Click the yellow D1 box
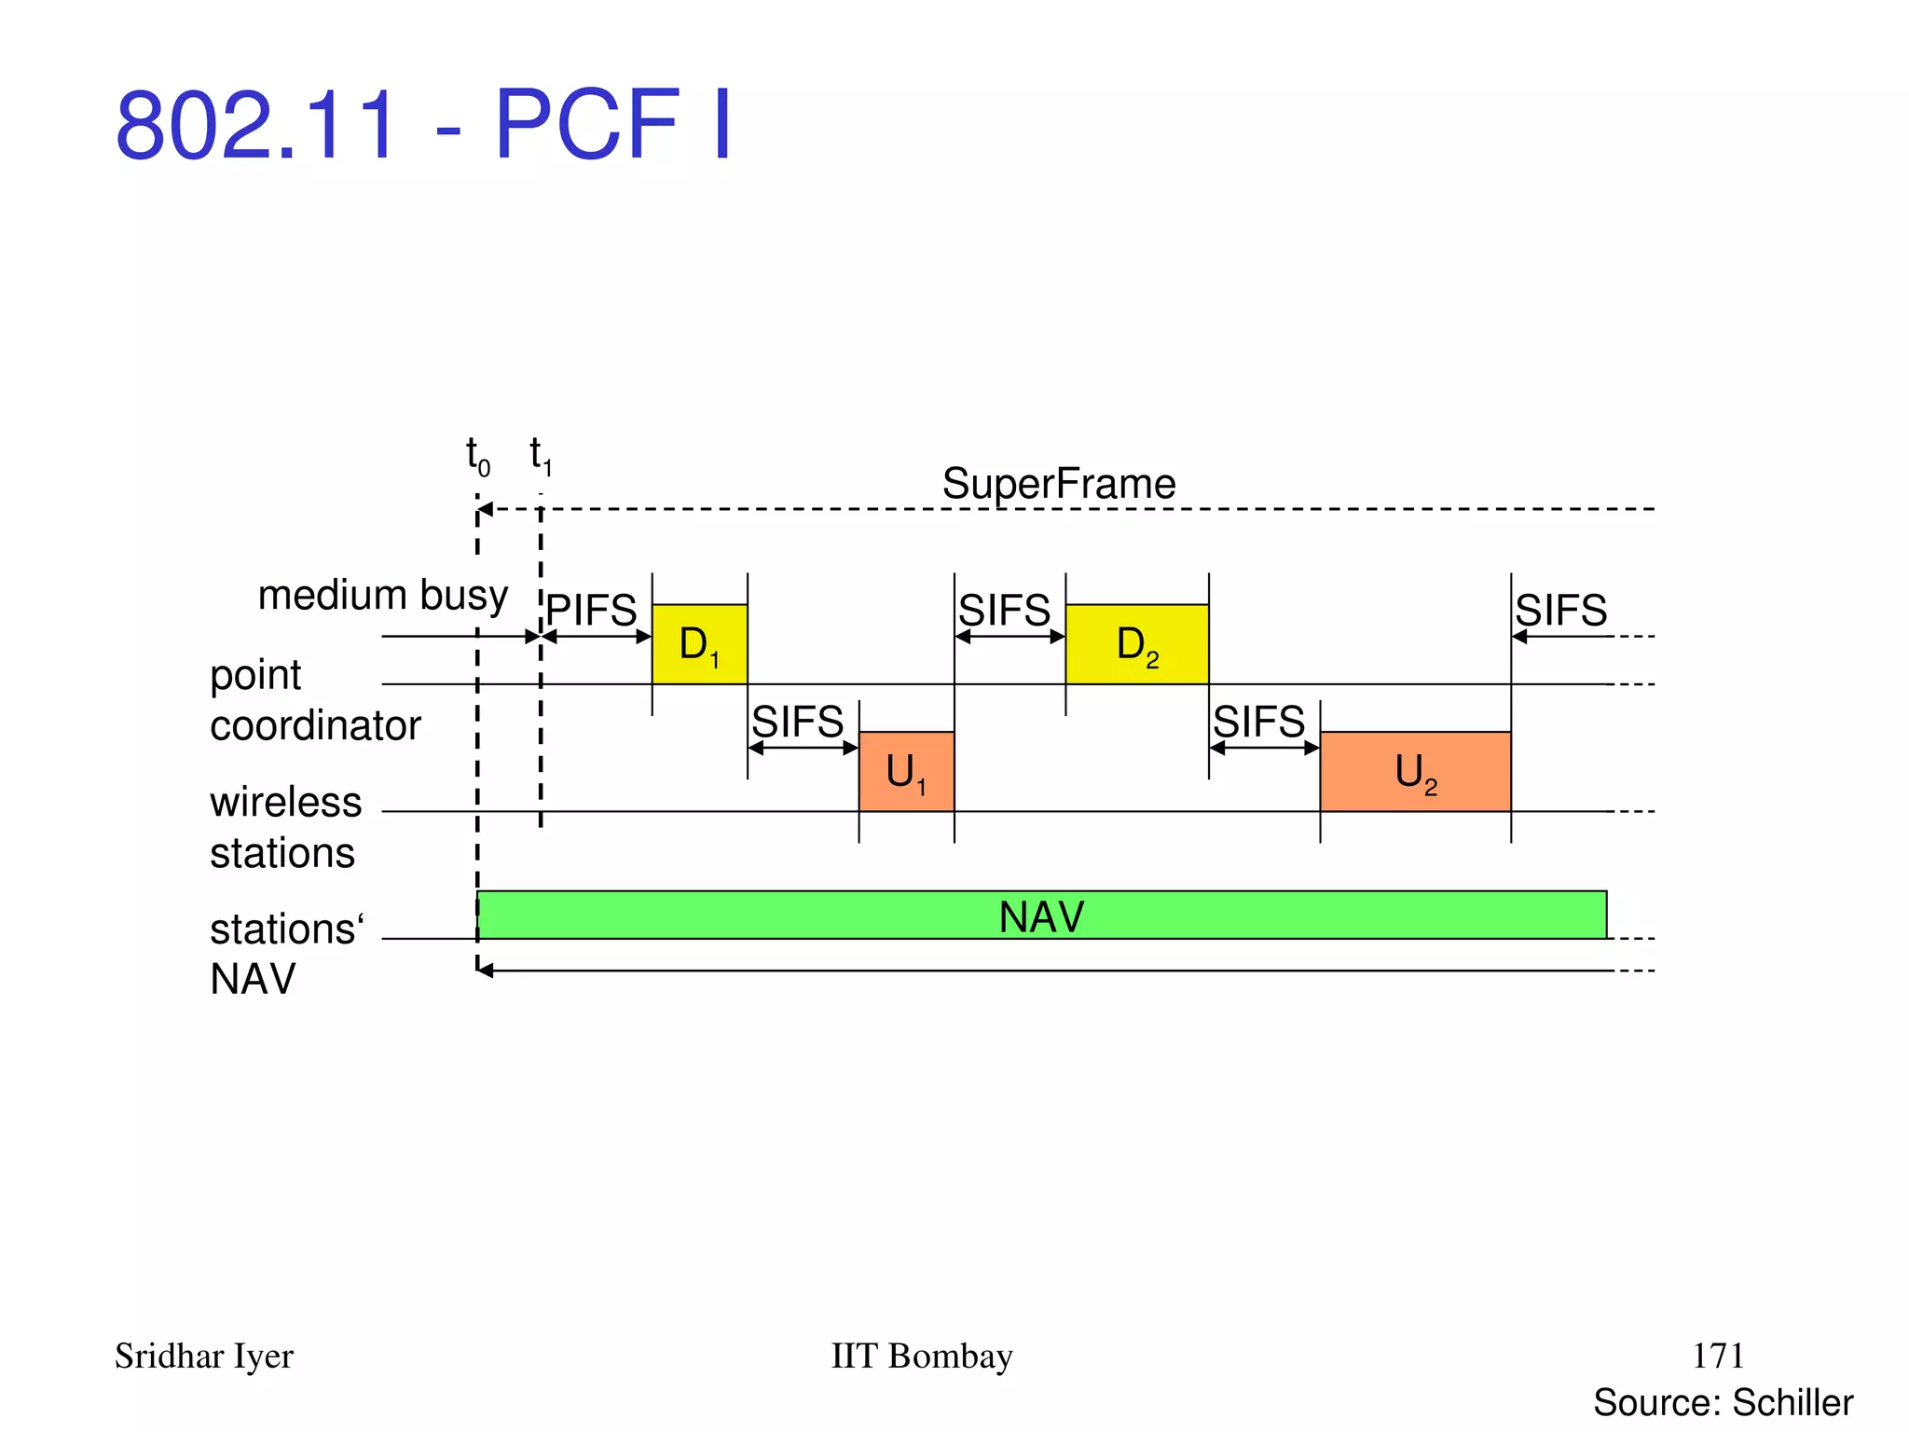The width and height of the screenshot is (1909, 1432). [x=699, y=644]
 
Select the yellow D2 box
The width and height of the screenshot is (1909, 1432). [x=1136, y=644]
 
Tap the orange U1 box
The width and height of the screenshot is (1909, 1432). [x=906, y=772]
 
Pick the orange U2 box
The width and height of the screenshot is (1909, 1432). [x=1415, y=772]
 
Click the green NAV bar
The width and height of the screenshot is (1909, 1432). [x=1041, y=916]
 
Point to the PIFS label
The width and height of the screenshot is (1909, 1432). [x=591, y=611]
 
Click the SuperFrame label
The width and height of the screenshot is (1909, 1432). [x=1059, y=484]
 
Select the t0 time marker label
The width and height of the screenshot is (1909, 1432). [x=478, y=456]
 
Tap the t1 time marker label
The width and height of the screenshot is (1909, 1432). [x=541, y=455]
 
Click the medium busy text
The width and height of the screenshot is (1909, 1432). [x=382, y=595]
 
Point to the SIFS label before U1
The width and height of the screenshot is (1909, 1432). [x=798, y=722]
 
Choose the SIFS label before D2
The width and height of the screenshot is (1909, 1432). [x=1005, y=611]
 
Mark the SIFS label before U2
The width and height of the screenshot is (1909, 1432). [x=1258, y=722]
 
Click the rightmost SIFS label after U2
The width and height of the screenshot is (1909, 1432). [x=1561, y=611]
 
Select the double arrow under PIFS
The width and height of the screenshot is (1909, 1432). [x=597, y=637]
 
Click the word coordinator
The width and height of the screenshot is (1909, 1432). [x=315, y=725]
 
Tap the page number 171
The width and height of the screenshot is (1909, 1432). [x=1717, y=1356]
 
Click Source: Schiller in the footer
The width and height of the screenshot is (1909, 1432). [x=1723, y=1402]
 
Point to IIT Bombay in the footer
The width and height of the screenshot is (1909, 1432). [x=921, y=1356]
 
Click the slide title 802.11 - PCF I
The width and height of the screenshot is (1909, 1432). [x=424, y=124]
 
